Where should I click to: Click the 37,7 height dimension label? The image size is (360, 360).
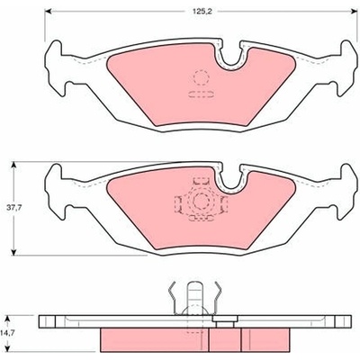[15, 208]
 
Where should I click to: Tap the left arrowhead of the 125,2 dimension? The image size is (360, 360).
[49, 11]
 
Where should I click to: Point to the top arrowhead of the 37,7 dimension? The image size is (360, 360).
[13, 166]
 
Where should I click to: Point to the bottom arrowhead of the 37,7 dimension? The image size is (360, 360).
[13, 251]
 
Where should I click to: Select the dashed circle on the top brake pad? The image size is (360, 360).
[201, 78]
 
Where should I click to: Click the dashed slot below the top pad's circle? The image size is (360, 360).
[201, 94]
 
